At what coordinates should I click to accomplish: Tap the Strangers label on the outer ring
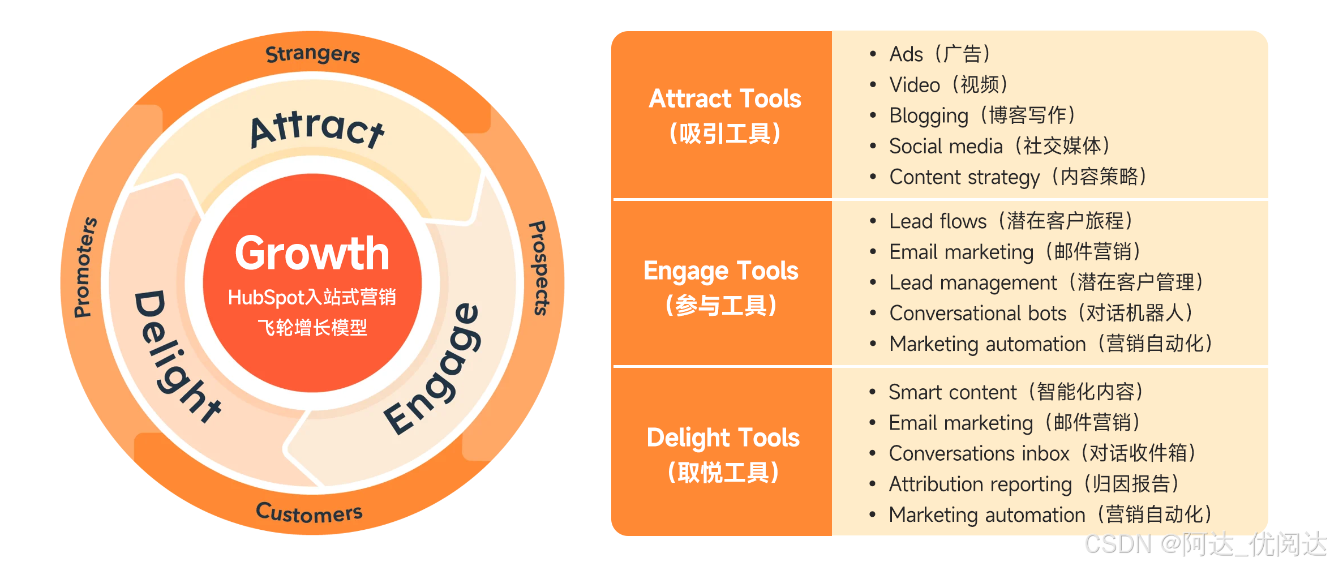(312, 54)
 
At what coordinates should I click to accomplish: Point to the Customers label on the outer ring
(309, 512)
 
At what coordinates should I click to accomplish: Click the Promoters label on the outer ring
(85, 267)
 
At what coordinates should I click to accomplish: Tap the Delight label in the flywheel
(175, 357)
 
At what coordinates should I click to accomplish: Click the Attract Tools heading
(725, 99)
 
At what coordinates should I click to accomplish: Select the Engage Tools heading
(720, 271)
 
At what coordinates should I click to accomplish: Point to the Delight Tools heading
(723, 438)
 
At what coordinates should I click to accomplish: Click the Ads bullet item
(939, 54)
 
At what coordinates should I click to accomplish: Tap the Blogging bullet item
(982, 115)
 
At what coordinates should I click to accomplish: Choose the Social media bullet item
(999, 146)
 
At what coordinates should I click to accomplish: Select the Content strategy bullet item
(1018, 177)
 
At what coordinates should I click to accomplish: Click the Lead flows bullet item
(1010, 221)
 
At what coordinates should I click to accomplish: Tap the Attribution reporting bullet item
(1033, 484)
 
